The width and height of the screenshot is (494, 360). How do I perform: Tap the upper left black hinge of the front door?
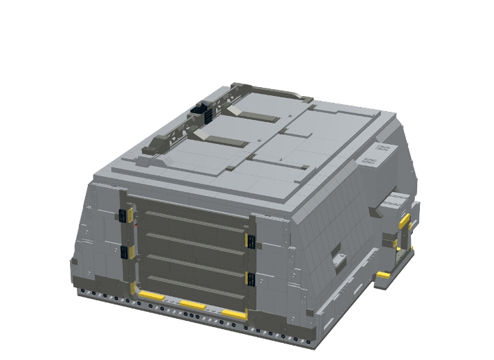coord(123,215)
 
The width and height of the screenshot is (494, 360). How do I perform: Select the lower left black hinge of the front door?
coord(124,252)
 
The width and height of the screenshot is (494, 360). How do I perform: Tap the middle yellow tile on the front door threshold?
coord(193,304)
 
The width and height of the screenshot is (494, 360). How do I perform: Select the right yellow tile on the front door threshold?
coord(234,314)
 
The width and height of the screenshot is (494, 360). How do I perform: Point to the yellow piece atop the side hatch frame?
coord(405,219)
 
